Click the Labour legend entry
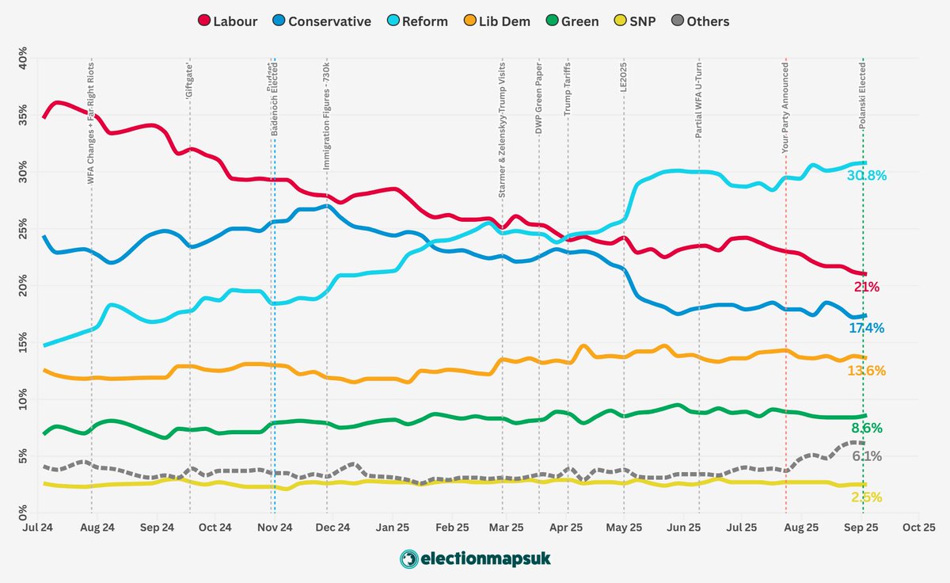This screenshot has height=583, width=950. coord(227,21)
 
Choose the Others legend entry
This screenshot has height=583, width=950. coord(699,21)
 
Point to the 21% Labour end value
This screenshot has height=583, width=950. coord(865,287)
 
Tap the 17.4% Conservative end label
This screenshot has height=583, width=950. coord(866,328)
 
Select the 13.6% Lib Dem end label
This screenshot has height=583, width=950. coord(866,371)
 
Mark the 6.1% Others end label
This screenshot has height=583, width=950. coord(866,455)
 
